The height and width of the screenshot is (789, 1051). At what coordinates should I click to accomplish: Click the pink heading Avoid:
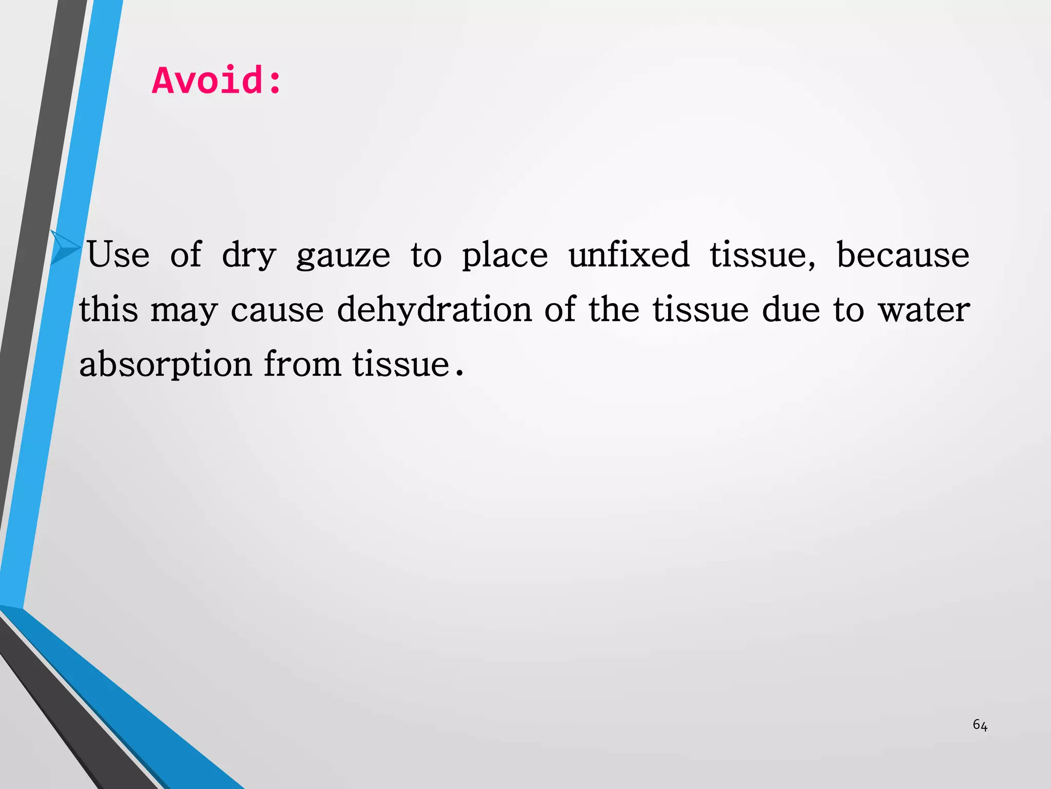click(217, 81)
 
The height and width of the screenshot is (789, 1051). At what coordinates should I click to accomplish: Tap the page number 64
click(980, 725)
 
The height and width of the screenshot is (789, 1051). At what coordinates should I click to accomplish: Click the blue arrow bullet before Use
click(65, 248)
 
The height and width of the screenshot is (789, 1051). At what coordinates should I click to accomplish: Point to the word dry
click(249, 255)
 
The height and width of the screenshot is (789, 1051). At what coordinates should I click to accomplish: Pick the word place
click(504, 255)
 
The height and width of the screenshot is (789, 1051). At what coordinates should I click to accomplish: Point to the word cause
click(277, 310)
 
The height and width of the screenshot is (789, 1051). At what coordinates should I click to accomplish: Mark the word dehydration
click(434, 310)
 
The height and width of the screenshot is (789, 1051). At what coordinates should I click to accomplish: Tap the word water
click(924, 310)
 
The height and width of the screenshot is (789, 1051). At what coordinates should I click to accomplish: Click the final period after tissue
click(459, 373)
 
